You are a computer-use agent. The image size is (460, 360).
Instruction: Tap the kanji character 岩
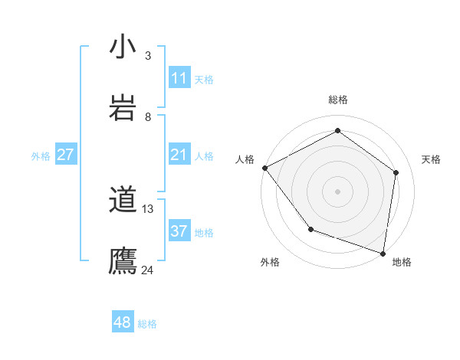coord(123,108)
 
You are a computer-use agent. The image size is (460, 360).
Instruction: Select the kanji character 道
coord(123,201)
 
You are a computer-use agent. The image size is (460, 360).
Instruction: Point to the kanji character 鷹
coord(123,260)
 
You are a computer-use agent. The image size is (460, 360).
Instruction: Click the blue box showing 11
coord(179,78)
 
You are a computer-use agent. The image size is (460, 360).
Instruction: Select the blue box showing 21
coord(179,155)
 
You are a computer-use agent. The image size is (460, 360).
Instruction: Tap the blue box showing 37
coord(179,231)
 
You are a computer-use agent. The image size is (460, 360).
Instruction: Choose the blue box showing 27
coord(66,155)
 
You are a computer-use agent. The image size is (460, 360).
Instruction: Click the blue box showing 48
coord(123,322)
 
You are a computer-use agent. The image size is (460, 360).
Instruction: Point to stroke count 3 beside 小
coord(148,55)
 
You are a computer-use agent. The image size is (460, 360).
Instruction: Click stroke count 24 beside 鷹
coord(148,270)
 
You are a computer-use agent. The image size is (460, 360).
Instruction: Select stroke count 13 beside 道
coord(148,208)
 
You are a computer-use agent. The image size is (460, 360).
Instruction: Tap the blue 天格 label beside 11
coord(204,79)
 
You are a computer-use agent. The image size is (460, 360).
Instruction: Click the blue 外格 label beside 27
coord(41,156)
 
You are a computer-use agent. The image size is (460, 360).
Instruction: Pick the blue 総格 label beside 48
coord(147,324)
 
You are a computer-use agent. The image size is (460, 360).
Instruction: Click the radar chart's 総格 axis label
coord(338,100)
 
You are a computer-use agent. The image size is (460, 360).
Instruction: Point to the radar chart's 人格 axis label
coord(245,159)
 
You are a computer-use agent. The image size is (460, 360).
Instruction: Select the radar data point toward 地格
coord(383,252)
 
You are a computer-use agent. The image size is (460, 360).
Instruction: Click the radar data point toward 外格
coord(310,229)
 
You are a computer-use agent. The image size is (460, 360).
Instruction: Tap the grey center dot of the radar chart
coord(338,191)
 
